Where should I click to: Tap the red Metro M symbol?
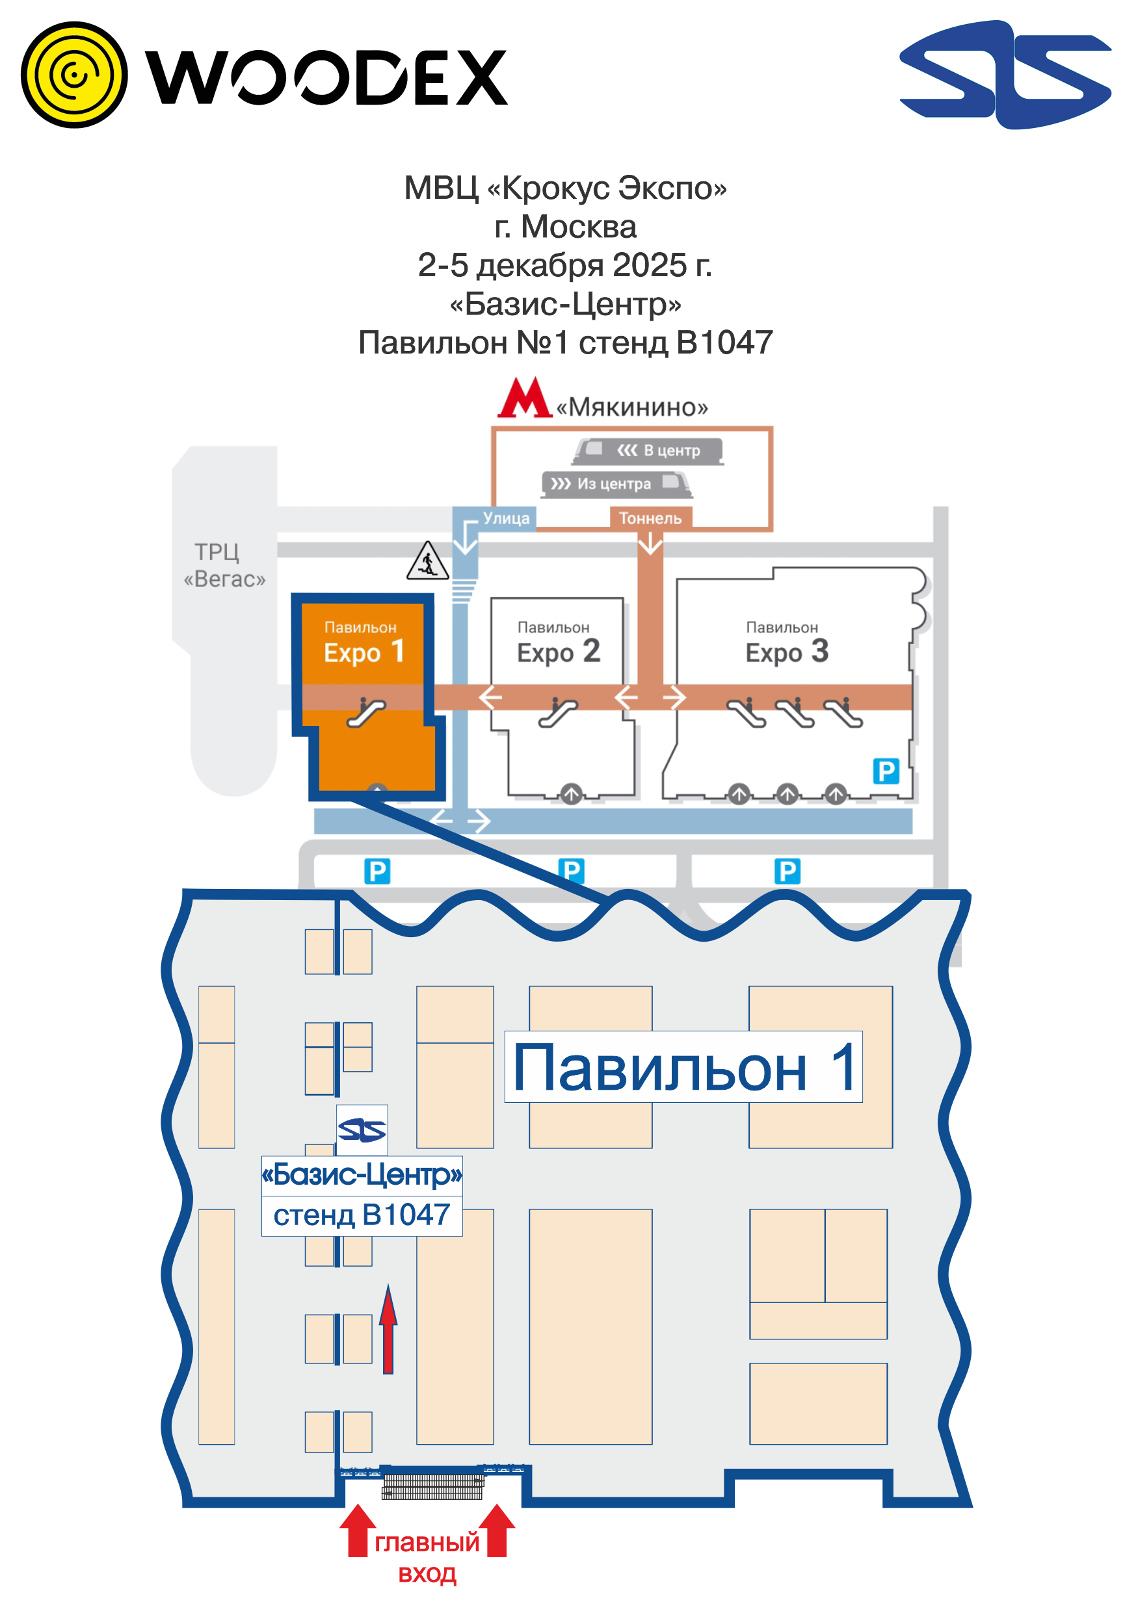coord(524,398)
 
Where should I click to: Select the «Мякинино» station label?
coord(632,407)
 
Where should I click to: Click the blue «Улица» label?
coord(505,519)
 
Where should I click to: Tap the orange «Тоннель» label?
coord(650,519)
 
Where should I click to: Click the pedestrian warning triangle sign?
coord(427,561)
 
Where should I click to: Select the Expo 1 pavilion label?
coord(364,643)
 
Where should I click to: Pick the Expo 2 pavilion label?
coord(557,643)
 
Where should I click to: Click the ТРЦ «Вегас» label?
coord(224,565)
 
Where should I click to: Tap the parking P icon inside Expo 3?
coord(886,771)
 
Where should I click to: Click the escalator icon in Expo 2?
coord(558,712)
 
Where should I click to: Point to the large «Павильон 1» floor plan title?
coord(683,1067)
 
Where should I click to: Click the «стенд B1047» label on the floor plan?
coord(362,1215)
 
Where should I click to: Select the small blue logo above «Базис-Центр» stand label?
coord(362,1130)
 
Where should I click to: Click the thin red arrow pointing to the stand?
coord(388,1329)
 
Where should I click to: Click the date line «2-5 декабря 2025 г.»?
coord(565,266)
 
